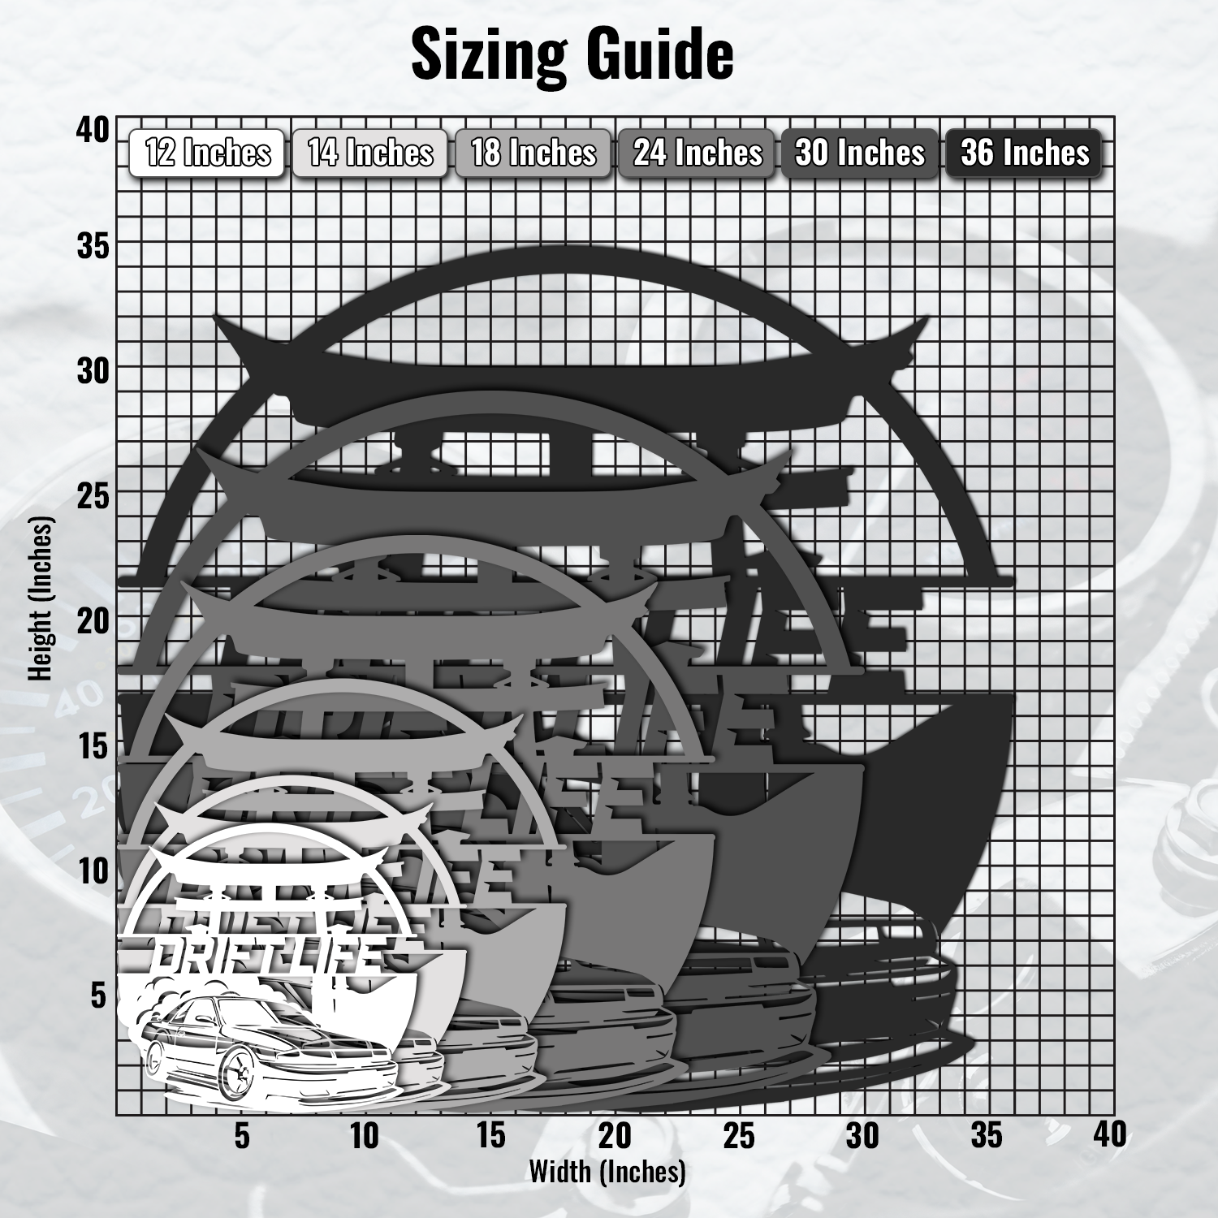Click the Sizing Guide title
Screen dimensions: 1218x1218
click(572, 54)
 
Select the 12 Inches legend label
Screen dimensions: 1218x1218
click(207, 153)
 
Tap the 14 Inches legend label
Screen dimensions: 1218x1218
click(370, 153)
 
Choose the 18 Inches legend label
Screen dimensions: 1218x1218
click(533, 153)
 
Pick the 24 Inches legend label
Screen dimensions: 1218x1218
click(698, 153)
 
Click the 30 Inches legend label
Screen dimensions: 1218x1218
click(860, 153)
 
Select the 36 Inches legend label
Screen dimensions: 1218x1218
click(1025, 153)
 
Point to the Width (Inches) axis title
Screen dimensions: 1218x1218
click(607, 1172)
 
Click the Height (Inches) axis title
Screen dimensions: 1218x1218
click(41, 599)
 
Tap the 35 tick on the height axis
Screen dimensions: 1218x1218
click(93, 245)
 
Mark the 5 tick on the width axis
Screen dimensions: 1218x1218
click(242, 1136)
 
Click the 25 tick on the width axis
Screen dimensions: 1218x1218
click(739, 1136)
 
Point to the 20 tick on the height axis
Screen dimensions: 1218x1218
click(93, 621)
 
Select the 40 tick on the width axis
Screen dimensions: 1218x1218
click(1109, 1134)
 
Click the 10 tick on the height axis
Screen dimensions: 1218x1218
click(93, 871)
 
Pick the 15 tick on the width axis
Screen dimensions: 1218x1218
click(490, 1136)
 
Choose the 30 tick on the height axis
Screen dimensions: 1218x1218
click(93, 371)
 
